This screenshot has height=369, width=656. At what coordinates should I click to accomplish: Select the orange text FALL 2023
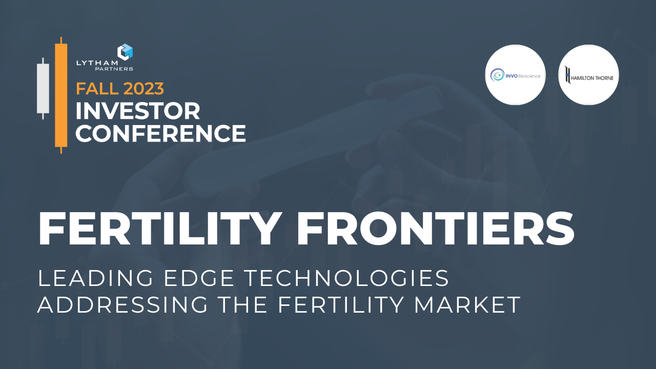click(x=120, y=88)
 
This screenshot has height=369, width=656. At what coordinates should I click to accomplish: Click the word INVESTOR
click(x=138, y=111)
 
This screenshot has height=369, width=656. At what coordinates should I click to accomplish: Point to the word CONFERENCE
click(x=160, y=133)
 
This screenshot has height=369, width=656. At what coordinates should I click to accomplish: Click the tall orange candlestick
click(x=61, y=95)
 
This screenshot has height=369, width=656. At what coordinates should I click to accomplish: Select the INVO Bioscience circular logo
click(x=515, y=75)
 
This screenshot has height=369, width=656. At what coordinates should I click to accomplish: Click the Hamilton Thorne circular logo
click(x=588, y=75)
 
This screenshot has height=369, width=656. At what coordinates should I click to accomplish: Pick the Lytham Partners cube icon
click(x=125, y=52)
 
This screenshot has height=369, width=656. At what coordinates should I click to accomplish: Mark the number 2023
click(x=143, y=88)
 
